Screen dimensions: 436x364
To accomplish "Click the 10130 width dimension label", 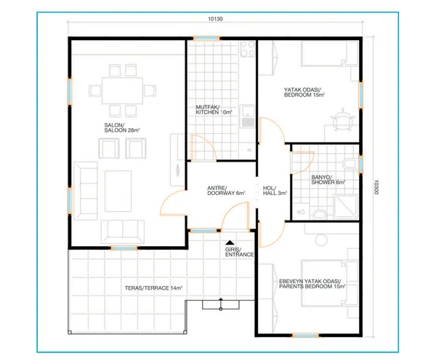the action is click(x=215, y=19).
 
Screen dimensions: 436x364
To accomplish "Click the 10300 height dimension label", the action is click(x=376, y=187).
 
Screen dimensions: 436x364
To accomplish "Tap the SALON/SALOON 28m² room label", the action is click(x=122, y=127).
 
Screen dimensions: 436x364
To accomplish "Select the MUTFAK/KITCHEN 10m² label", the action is click(x=214, y=110).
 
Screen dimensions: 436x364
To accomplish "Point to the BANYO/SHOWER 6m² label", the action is click(x=328, y=180).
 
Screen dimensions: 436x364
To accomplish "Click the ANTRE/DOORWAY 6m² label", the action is click(x=226, y=191).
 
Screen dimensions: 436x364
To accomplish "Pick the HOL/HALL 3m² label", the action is click(x=275, y=191).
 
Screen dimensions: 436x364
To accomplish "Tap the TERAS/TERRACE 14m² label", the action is click(x=153, y=288).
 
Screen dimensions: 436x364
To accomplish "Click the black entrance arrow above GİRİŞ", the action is click(x=230, y=242).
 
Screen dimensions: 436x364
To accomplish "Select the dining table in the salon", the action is click(x=122, y=90).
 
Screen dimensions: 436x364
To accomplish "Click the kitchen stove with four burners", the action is click(x=248, y=49).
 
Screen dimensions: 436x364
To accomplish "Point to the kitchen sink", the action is click(x=247, y=116).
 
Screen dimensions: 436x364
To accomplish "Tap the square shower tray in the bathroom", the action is click(x=346, y=207).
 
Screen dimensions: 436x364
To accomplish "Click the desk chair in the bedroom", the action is click(x=342, y=120).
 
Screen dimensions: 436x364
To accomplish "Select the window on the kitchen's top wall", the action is click(x=206, y=39).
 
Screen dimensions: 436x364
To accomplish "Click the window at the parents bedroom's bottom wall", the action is click(x=306, y=336).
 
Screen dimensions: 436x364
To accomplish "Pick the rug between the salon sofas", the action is click(x=118, y=191).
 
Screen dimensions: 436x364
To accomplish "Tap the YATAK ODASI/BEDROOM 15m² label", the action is click(x=304, y=92).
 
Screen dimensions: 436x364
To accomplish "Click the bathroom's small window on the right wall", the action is click(x=360, y=164).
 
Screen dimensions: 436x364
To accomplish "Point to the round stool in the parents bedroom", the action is click(x=321, y=240).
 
